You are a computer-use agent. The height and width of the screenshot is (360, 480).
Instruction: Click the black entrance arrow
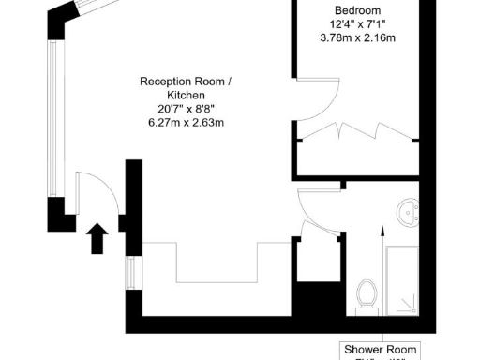97,237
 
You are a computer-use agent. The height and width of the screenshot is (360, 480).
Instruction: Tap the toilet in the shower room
367,294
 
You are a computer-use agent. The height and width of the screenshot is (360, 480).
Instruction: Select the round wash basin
409,213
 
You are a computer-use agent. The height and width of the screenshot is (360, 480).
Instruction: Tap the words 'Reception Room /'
185,82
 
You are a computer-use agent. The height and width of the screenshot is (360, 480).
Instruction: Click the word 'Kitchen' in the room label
185,96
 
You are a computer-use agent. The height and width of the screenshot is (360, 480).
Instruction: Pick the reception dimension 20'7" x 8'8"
185,109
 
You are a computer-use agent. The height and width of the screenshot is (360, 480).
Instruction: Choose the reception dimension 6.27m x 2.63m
185,123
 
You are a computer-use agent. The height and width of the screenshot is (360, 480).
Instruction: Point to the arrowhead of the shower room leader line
382,230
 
